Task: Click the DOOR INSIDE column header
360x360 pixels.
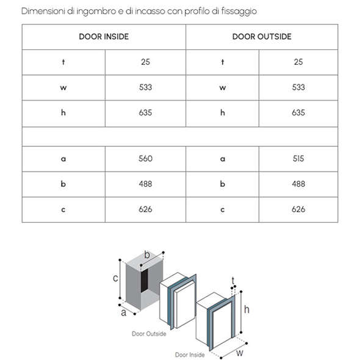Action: [x=104, y=37]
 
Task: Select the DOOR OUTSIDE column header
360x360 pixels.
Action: [x=262, y=37]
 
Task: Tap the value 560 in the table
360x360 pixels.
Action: [x=145, y=159]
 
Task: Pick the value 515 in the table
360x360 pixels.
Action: [x=298, y=159]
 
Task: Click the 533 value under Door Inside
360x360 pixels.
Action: [x=145, y=87]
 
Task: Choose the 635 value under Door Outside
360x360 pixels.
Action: [x=298, y=113]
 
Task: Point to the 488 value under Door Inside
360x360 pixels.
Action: [x=145, y=184]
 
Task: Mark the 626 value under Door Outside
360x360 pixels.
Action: [x=298, y=209]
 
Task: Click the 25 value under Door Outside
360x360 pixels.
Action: [x=298, y=62]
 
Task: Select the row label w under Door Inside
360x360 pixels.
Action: [x=63, y=88]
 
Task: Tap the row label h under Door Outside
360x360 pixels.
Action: [x=223, y=112]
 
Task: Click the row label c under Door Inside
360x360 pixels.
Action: [x=63, y=210]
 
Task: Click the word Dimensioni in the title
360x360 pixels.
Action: [x=43, y=11]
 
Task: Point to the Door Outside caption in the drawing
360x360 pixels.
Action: [x=149, y=334]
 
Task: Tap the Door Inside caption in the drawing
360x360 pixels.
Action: [x=190, y=355]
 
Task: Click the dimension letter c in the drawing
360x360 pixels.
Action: [x=115, y=278]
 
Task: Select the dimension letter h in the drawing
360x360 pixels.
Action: [x=247, y=309]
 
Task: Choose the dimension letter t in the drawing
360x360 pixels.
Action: [x=233, y=281]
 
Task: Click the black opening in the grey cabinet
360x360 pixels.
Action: [x=145, y=281]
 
